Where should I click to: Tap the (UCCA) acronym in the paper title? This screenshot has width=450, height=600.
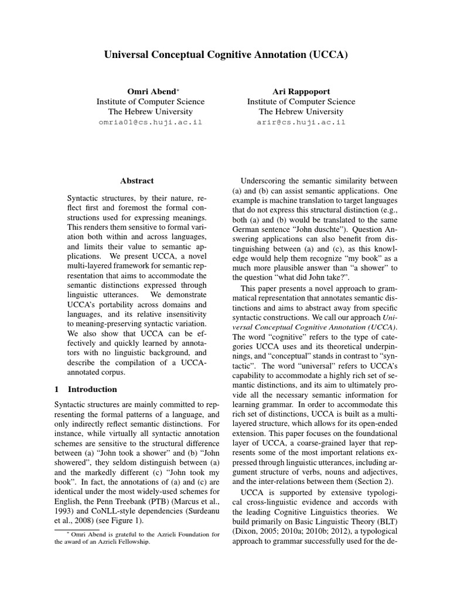[x=326, y=55]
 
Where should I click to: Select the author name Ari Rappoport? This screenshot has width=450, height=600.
[x=301, y=91]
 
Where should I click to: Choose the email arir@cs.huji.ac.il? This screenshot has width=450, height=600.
[x=301, y=122]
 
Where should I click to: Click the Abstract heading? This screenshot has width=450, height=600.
[x=137, y=181]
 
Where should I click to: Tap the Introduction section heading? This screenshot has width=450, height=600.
[x=93, y=389]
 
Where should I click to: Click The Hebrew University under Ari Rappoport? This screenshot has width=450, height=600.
[x=301, y=111]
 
